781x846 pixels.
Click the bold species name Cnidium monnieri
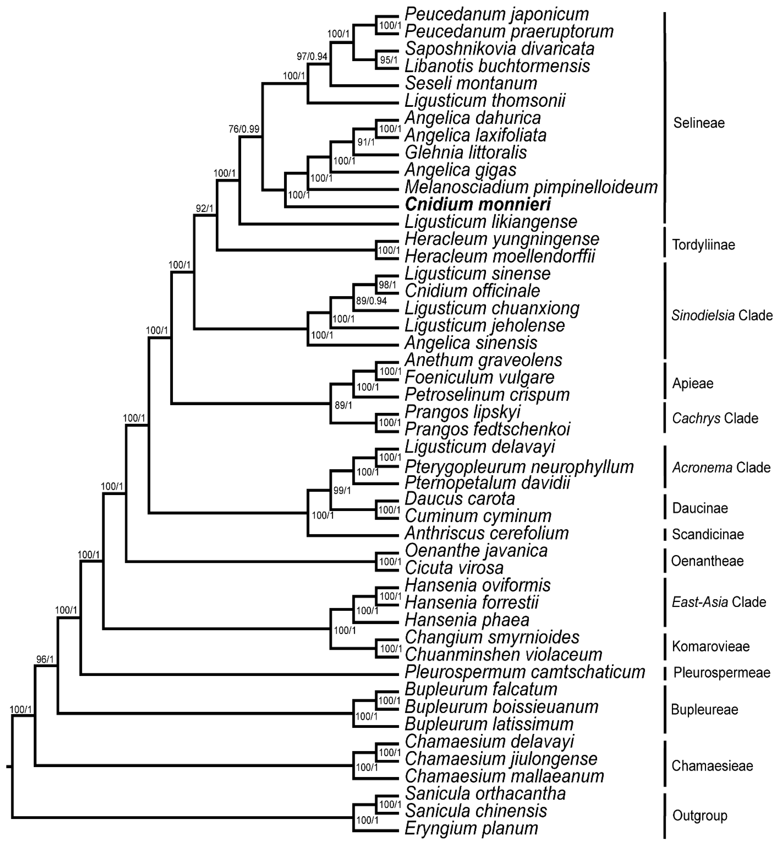(x=477, y=205)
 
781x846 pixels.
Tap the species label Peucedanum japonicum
(x=497, y=14)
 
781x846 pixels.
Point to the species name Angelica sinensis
(x=471, y=343)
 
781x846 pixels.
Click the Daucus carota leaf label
(x=460, y=499)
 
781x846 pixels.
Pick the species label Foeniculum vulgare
(x=479, y=378)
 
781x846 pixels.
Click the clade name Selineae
(x=699, y=123)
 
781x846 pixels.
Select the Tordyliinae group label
(x=703, y=245)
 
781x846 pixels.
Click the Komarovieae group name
(x=710, y=646)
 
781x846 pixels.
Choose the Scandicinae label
(x=708, y=534)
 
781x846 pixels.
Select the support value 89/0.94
(x=371, y=301)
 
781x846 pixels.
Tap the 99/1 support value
(x=342, y=490)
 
